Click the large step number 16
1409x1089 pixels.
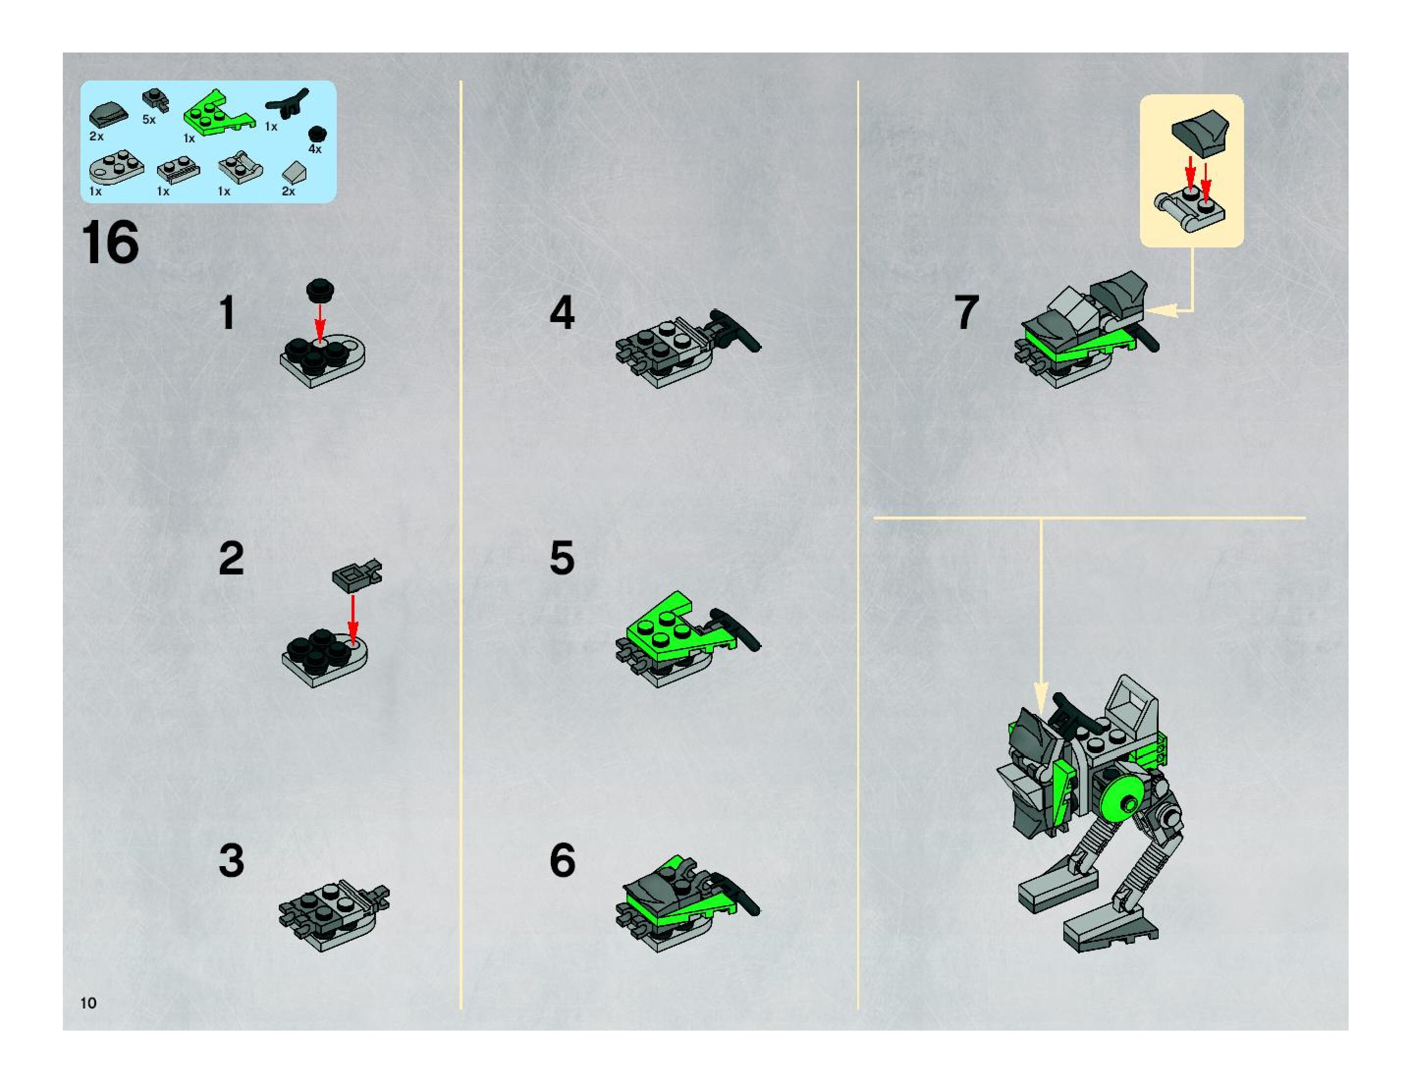110,242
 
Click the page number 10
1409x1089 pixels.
88,1003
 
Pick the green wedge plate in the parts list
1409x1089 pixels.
218,112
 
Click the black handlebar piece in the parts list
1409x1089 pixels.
288,103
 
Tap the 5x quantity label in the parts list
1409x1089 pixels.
149,119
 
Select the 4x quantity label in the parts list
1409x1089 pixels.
315,149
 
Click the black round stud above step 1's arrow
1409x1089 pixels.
320,290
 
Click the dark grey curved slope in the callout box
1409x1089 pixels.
1200,132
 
